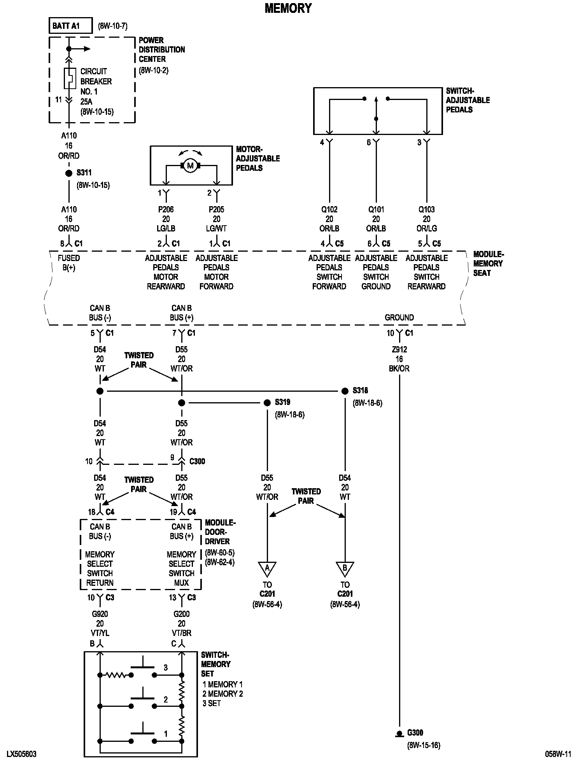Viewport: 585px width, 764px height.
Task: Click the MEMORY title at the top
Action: coord(288,8)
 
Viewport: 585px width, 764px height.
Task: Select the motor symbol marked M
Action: coord(190,166)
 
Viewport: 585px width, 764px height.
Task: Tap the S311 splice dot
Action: coord(69,173)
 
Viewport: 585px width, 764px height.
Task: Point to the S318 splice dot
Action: coord(345,391)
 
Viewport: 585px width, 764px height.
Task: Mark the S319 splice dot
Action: coord(267,403)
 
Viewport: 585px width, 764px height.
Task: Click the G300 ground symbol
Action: coord(399,734)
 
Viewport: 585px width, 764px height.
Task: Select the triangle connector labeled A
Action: coord(267,568)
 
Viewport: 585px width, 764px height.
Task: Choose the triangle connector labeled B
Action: coord(345,568)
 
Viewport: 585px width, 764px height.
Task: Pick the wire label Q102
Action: coord(329,210)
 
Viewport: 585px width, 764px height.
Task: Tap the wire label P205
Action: coord(217,210)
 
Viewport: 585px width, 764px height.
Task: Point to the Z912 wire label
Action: coord(399,350)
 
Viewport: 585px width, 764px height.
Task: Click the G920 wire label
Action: coord(100,614)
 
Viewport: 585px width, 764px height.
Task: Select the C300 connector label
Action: coord(197,461)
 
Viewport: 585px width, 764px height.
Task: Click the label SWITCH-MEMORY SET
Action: coord(216,664)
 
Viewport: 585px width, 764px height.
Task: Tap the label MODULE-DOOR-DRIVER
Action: coord(220,532)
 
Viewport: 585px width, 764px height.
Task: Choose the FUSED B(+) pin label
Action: coord(69,263)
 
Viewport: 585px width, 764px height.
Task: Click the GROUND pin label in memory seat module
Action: coord(399,317)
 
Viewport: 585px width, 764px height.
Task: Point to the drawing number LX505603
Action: coord(21,754)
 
